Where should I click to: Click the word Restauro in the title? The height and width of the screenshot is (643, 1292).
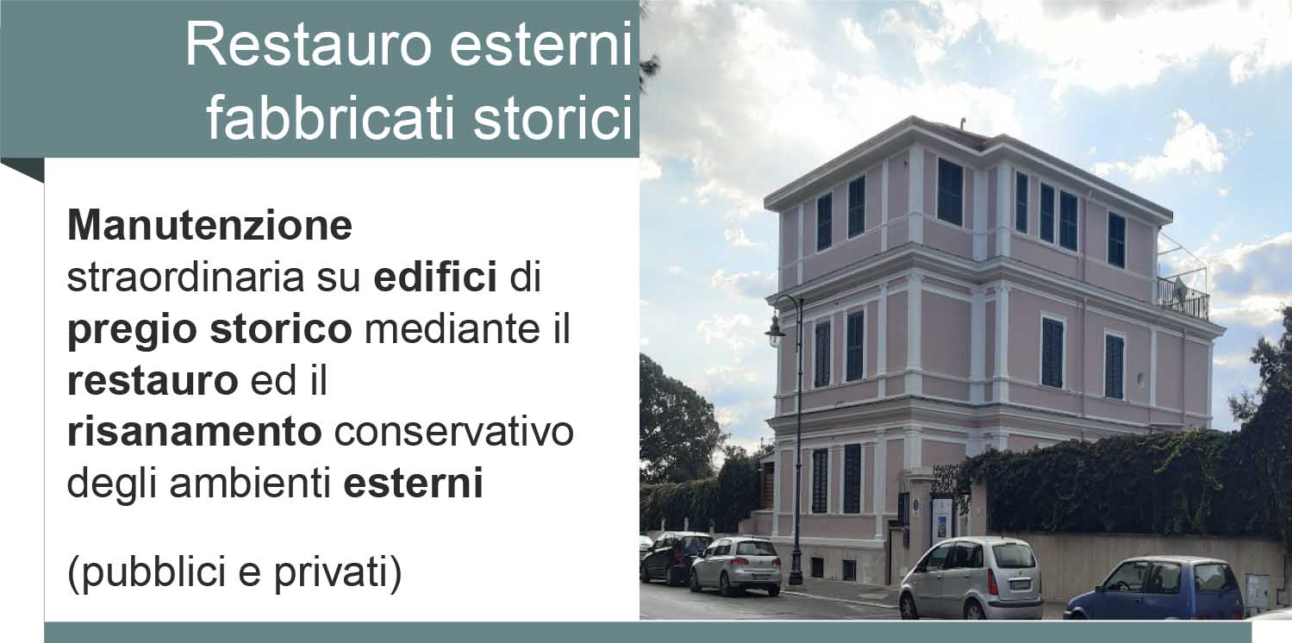click(308, 46)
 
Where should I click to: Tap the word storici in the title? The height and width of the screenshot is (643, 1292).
click(553, 119)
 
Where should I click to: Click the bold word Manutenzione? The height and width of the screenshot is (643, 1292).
click(210, 226)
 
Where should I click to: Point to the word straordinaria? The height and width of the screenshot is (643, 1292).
click(185, 278)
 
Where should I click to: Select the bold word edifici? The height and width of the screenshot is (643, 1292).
click(435, 277)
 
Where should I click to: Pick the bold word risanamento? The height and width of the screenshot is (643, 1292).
click(195, 432)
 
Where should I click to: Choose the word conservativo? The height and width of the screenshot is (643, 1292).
click(454, 432)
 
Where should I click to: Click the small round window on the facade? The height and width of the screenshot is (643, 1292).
click(1140, 379)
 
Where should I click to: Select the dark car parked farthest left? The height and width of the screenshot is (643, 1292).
click(675, 558)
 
